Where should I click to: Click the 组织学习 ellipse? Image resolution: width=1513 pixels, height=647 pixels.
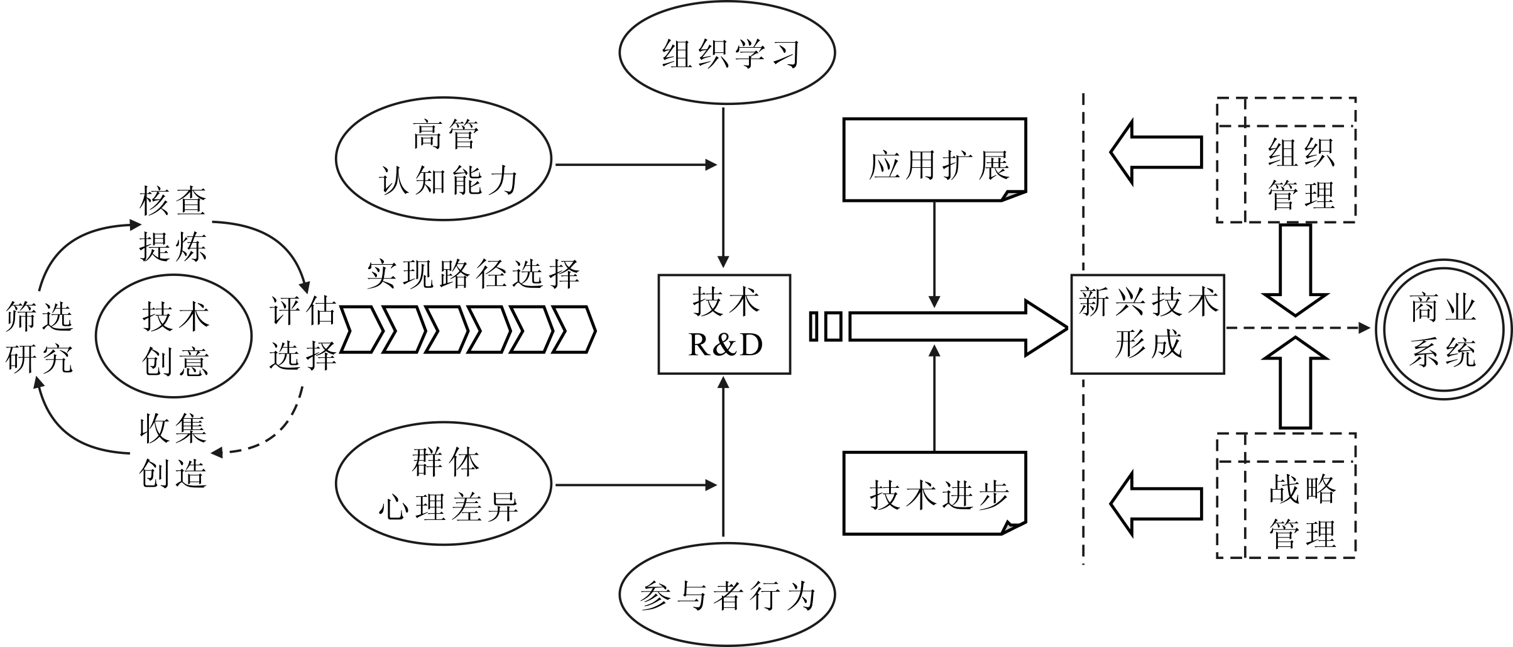(727, 53)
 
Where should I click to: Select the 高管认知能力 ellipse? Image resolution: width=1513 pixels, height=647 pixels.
(444, 158)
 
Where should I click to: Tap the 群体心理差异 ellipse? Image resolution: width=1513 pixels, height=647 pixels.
(444, 484)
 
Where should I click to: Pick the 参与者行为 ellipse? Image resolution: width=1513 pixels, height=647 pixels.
(727, 595)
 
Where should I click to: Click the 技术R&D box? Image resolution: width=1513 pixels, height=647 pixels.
(724, 324)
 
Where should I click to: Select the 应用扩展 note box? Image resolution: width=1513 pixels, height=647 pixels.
(934, 160)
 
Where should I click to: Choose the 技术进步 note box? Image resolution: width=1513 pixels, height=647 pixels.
(934, 494)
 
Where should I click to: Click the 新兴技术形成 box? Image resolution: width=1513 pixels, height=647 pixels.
(1147, 324)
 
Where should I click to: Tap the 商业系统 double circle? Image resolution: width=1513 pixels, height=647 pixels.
(1443, 329)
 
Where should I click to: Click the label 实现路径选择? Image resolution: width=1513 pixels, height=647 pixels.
(472, 274)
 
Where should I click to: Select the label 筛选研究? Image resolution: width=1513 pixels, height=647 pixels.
(39, 337)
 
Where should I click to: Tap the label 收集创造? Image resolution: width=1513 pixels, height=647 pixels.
(173, 451)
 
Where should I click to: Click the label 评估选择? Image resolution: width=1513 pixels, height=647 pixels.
(303, 333)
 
